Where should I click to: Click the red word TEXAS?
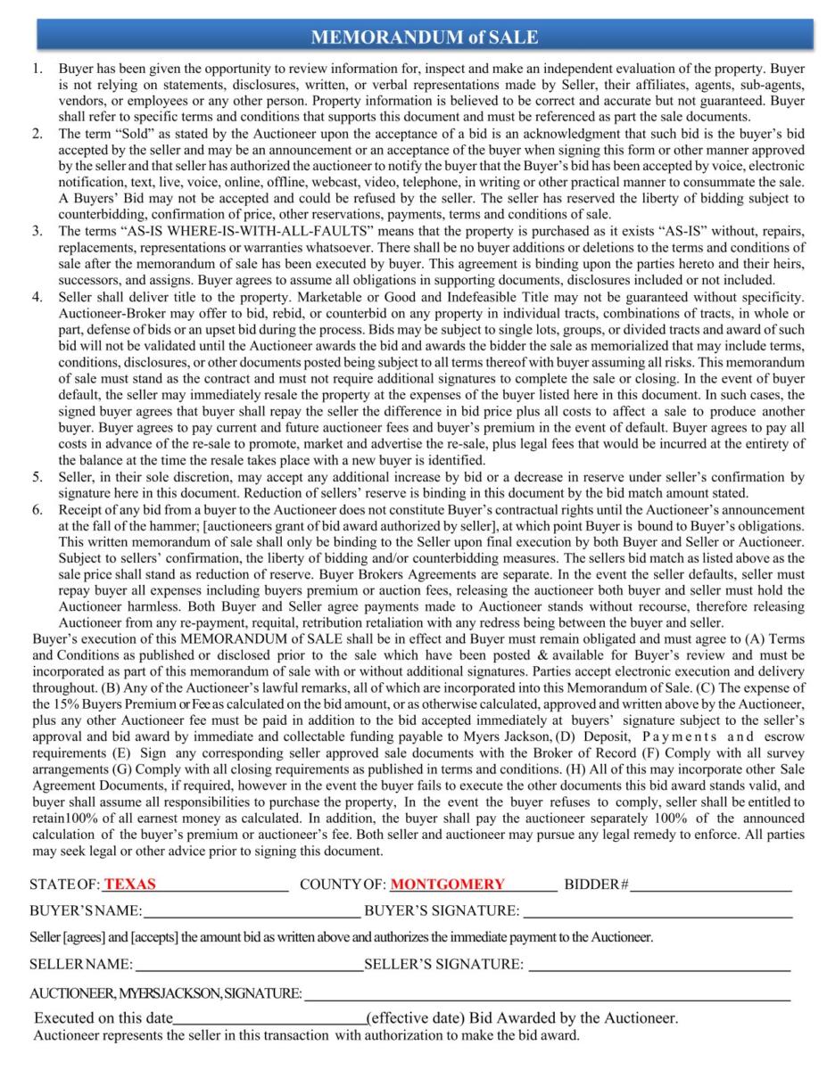(x=130, y=885)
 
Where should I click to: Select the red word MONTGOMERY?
(x=448, y=885)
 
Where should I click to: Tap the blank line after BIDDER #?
(x=711, y=886)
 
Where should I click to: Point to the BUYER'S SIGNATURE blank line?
(x=657, y=912)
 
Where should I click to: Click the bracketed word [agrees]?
(x=88, y=938)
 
